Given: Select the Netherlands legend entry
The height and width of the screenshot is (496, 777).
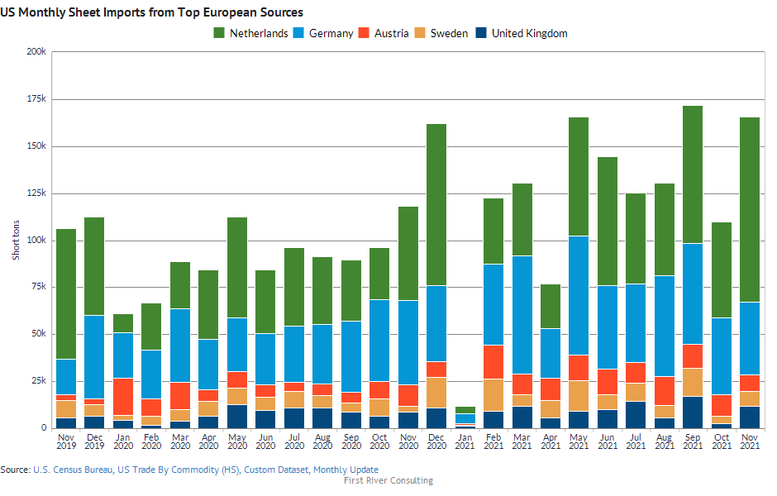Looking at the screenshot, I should pyautogui.click(x=251, y=33).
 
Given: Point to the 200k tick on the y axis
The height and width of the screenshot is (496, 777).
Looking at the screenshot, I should pyautogui.click(x=36, y=51).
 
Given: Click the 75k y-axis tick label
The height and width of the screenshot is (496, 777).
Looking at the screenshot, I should pyautogui.click(x=38, y=287).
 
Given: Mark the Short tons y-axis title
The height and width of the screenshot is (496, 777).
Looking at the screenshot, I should pyautogui.click(x=15, y=240).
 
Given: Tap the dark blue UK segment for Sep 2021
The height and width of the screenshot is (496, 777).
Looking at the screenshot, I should pyautogui.click(x=693, y=412).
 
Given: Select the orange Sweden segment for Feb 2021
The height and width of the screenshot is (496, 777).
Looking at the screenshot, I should pyautogui.click(x=493, y=394).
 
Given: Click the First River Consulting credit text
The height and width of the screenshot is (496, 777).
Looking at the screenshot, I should pyautogui.click(x=388, y=480).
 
